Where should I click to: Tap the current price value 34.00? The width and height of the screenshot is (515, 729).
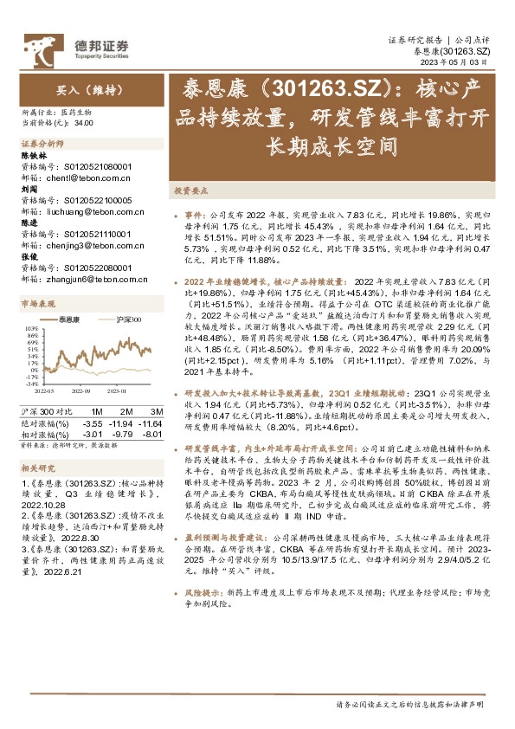[84, 123]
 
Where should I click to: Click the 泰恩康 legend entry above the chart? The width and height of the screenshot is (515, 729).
[68, 319]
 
